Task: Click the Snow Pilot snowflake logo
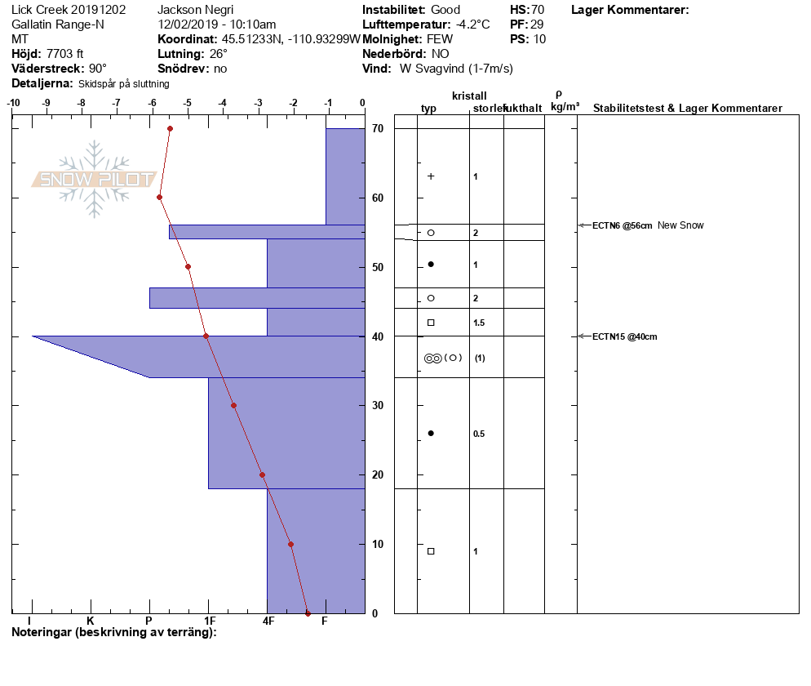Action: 94,179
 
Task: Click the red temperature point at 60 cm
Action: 159,198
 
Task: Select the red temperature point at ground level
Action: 308,613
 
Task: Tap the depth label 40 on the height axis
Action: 378,336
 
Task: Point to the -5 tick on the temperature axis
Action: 188,103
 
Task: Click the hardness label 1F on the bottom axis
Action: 210,621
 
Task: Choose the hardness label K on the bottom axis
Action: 90,621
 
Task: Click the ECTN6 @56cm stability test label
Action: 623,225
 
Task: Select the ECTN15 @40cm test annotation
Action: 625,336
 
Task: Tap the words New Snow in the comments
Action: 680,225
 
